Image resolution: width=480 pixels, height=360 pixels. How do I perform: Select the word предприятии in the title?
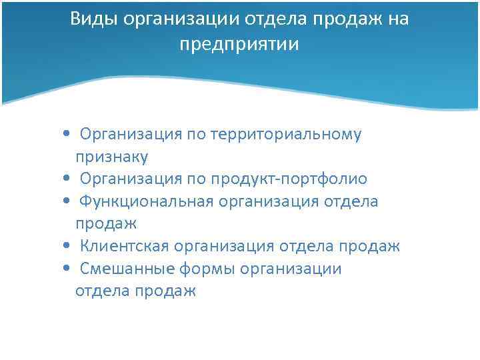click(x=239, y=45)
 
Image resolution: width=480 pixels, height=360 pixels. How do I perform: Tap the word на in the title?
click(x=397, y=19)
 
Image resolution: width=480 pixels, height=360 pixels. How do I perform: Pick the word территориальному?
click(x=286, y=135)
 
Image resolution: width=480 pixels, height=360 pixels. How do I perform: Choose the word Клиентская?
click(x=124, y=247)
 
